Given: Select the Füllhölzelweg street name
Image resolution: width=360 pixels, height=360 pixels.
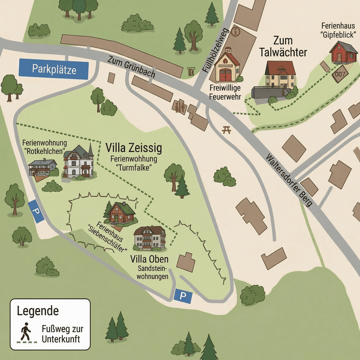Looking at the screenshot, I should coord(215,50).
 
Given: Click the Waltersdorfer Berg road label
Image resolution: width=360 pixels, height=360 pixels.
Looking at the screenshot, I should coord(289,180).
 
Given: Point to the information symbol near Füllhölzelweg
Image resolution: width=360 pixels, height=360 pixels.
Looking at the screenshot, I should coord(236,31).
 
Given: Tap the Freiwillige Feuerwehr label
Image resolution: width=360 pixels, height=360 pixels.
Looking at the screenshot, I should coord(225,92).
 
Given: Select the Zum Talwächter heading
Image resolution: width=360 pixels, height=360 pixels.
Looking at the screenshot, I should coord(283,47).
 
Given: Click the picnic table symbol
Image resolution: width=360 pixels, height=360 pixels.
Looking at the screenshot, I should coord(227,130).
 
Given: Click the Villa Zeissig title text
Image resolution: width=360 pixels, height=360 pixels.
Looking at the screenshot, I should coord(133,148).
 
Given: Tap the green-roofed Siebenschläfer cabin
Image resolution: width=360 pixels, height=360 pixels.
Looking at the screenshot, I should coord(121,213).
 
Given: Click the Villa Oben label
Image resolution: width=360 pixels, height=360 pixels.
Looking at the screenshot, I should coord(149,259).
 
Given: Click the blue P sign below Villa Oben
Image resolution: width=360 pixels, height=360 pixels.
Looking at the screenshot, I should coord(183,296).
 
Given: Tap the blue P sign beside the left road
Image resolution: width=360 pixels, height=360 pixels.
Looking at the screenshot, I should coord(36,211).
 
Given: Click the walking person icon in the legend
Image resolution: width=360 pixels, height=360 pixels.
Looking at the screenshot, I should coord(26,331).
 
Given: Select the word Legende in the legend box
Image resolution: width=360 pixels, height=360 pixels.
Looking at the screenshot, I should coord(38,311).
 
